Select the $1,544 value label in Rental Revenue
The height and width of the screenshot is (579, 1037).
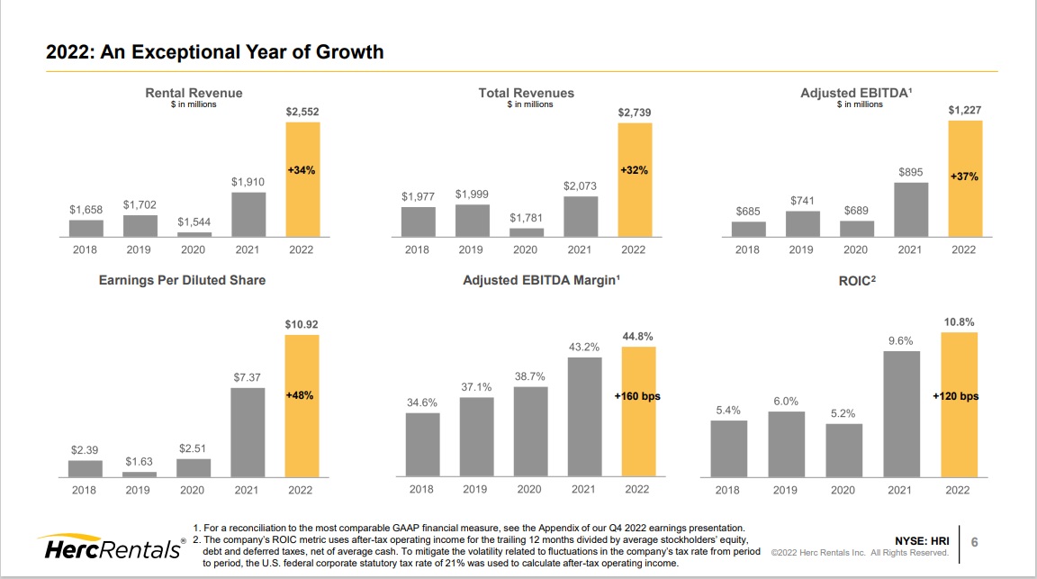point(194,221)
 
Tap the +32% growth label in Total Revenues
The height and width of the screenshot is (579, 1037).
point(634,169)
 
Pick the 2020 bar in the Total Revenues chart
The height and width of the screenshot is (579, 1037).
point(527,231)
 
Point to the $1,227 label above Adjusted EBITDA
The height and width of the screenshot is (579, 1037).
point(965,110)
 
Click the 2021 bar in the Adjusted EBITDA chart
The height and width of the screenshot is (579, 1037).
point(910,209)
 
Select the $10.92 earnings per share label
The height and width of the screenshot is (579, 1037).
point(302,324)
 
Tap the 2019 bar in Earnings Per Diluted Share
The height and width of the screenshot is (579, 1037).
point(139,474)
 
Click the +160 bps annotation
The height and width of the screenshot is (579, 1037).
point(636,396)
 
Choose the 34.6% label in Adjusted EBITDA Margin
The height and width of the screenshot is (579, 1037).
point(422,403)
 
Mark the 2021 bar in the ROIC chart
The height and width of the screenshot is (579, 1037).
point(900,413)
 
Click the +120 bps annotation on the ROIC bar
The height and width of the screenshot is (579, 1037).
point(956,396)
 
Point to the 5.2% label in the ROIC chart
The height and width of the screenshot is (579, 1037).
point(843,413)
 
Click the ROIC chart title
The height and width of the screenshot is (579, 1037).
point(856,280)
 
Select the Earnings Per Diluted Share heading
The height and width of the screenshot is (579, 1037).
point(182,280)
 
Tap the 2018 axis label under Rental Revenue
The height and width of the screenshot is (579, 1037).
point(86,249)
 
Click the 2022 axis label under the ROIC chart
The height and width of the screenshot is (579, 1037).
point(957,490)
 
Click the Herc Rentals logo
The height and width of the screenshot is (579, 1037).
point(109,547)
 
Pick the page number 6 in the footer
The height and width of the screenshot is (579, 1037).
point(974,541)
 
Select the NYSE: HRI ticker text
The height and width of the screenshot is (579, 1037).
point(922,540)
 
